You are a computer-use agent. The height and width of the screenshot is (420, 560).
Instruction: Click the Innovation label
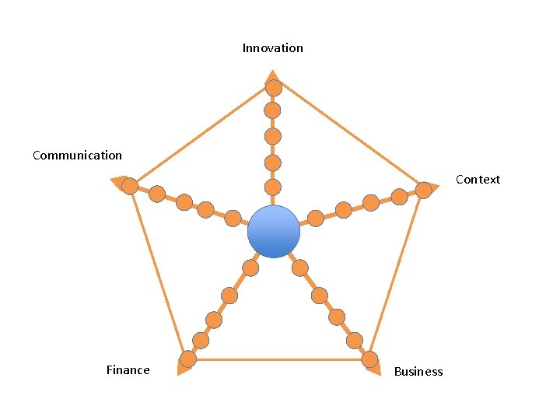coord(272,48)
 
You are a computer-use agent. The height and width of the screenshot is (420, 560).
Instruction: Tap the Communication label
coord(77,156)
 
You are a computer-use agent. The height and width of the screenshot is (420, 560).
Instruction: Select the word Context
coord(478,180)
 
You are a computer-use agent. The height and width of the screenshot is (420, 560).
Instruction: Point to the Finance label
coord(128,370)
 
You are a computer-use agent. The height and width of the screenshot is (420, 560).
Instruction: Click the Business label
coord(418,372)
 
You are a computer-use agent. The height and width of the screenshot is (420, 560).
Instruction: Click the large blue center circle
coord(274,232)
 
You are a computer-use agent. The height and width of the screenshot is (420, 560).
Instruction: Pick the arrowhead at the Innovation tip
coord(272,76)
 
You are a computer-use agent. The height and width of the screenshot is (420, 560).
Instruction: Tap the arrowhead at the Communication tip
coord(118,183)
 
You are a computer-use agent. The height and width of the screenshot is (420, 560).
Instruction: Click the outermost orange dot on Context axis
coord(423,190)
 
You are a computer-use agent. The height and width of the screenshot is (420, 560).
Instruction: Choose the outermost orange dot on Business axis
coord(369,359)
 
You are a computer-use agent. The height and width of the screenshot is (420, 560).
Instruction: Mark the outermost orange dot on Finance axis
coord(187,359)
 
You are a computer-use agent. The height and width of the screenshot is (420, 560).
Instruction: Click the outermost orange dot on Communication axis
coord(130,187)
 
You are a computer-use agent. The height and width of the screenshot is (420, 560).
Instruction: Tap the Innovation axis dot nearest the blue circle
coord(272,187)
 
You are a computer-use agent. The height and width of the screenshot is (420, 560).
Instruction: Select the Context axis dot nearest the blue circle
coord(316,219)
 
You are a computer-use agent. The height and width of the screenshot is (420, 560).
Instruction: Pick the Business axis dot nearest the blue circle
coord(300,268)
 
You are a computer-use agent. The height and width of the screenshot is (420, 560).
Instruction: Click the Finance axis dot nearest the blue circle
coord(250,268)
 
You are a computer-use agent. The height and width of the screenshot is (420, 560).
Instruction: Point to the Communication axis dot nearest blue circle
coord(233,219)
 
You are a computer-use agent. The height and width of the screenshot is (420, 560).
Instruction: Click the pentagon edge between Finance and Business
coord(278,359)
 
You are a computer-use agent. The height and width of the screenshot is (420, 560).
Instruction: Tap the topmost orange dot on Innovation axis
coord(272,87)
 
